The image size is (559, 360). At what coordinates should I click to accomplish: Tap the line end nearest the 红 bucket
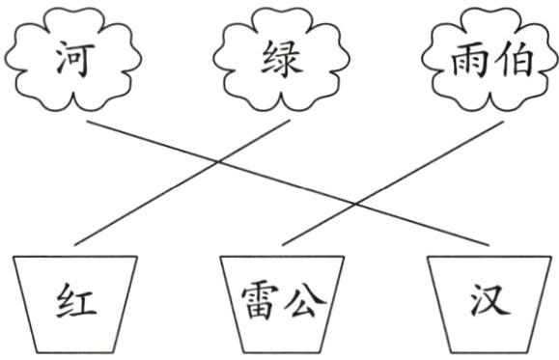(x=75, y=245)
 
